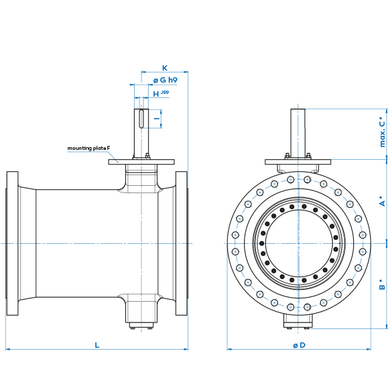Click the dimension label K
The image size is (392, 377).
pos(165,68)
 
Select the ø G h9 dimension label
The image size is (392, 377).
pos(165,80)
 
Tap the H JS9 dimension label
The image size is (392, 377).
pos(160,94)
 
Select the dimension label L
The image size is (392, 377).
pos(97,344)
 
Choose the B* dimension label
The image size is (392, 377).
pos(383,284)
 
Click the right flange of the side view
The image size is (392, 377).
pos(181,243)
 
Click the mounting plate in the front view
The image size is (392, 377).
pos(297,163)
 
